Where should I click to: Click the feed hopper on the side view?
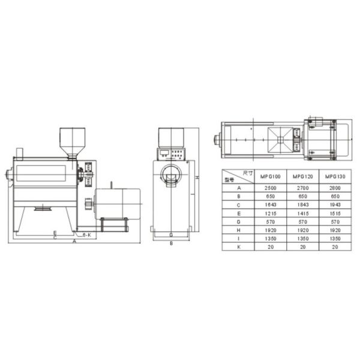pyautogui.click(x=71, y=142)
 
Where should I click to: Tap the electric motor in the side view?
pyautogui.click(x=118, y=203)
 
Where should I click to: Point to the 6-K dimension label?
pyautogui.click(x=87, y=235)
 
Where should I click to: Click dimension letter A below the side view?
pyautogui.click(x=74, y=242)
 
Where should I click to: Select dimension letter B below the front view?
pyautogui.click(x=171, y=243)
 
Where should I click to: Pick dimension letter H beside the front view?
pyautogui.click(x=196, y=178)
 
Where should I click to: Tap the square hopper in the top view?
pyautogui.click(x=280, y=139)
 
